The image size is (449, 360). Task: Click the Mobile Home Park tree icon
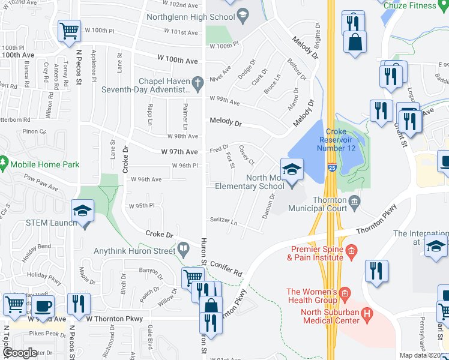coord(4,163)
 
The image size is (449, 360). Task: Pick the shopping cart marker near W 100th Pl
coord(70,30)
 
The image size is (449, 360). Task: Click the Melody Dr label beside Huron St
coord(225,121)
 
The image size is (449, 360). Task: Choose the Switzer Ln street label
coord(224,220)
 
